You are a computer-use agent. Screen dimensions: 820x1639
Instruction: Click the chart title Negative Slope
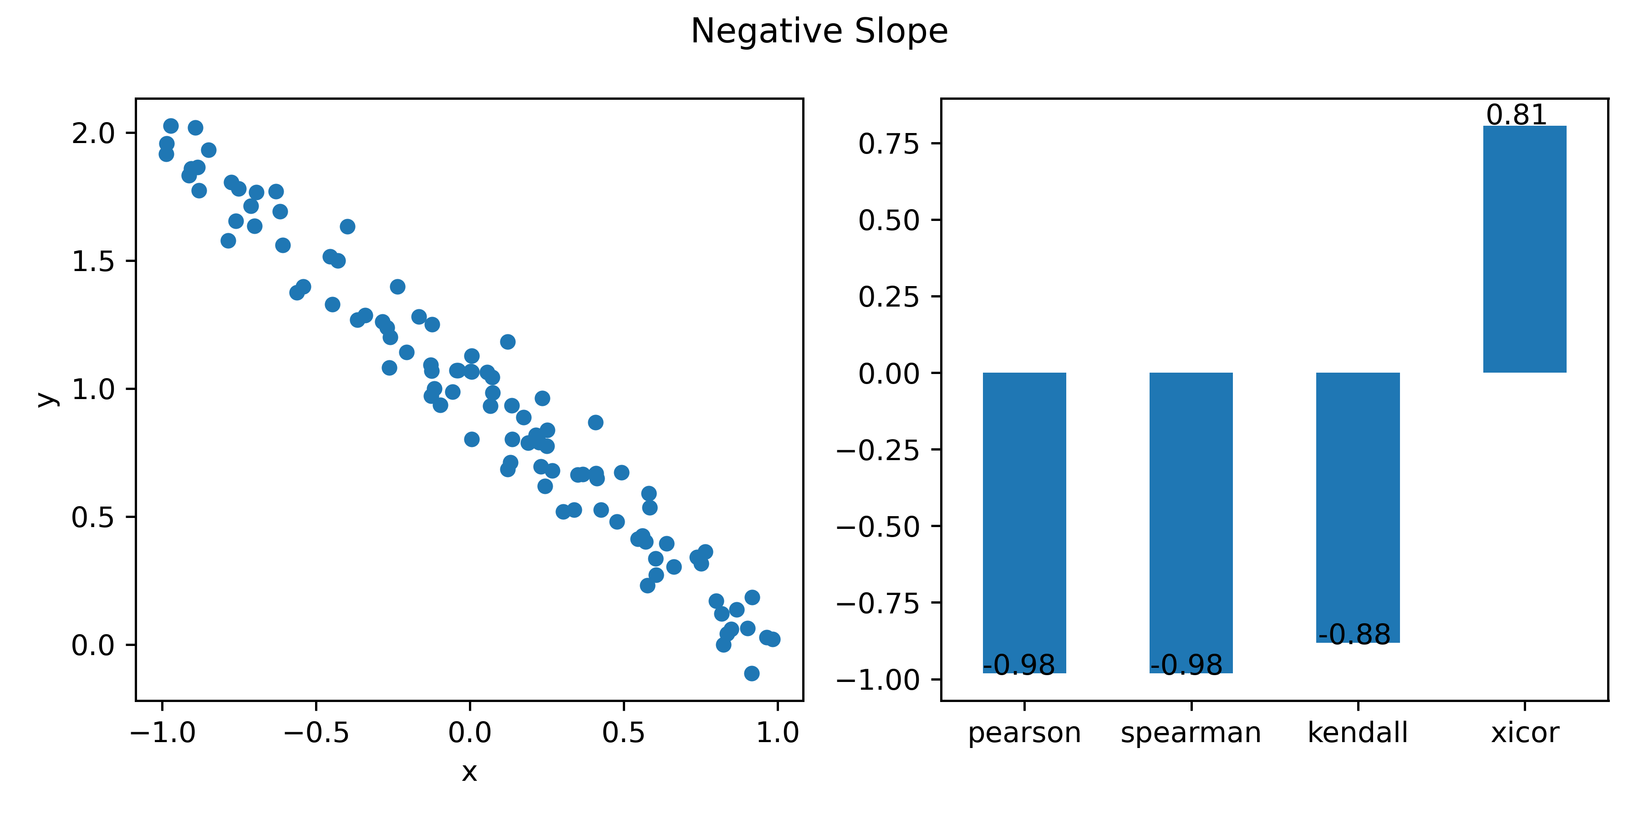click(x=819, y=31)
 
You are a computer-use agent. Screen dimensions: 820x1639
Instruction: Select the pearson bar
click(x=1024, y=522)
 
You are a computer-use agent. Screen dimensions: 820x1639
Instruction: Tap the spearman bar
click(x=1191, y=522)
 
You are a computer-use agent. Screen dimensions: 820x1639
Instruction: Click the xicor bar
click(x=1524, y=249)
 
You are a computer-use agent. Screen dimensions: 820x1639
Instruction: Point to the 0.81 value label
click(x=1516, y=115)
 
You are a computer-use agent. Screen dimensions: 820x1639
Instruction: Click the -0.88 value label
click(x=1354, y=635)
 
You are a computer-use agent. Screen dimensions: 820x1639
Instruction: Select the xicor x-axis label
click(x=1524, y=733)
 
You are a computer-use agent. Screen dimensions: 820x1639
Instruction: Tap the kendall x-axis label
click(x=1357, y=733)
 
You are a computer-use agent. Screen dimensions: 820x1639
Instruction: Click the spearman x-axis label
click(x=1191, y=733)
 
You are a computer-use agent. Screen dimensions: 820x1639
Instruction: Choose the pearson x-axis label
click(x=1024, y=733)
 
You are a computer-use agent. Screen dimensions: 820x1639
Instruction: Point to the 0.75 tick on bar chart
click(x=889, y=144)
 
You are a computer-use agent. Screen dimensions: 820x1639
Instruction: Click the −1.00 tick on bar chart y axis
click(x=878, y=680)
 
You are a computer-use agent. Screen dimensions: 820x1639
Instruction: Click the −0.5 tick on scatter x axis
click(x=316, y=733)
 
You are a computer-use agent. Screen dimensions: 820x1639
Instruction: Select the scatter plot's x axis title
click(x=469, y=772)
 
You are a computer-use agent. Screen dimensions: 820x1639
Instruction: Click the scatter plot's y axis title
click(x=46, y=399)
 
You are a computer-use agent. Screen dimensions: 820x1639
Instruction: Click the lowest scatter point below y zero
click(x=751, y=673)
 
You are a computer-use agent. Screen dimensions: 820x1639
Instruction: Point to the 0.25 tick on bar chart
click(x=889, y=297)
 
